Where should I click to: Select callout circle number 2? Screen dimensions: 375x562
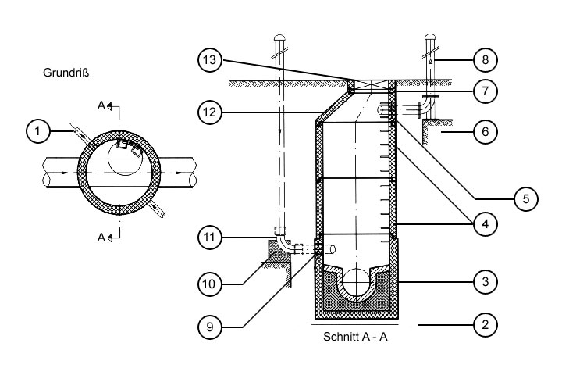pyautogui.click(x=486, y=323)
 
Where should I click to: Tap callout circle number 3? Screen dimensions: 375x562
pyautogui.click(x=486, y=279)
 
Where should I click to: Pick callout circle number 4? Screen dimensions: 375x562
pyautogui.click(x=486, y=223)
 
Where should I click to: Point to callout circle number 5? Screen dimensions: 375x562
pyautogui.click(x=526, y=198)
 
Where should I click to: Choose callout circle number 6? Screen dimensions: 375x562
pyautogui.click(x=486, y=133)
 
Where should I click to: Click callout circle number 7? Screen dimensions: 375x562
pyautogui.click(x=486, y=91)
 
